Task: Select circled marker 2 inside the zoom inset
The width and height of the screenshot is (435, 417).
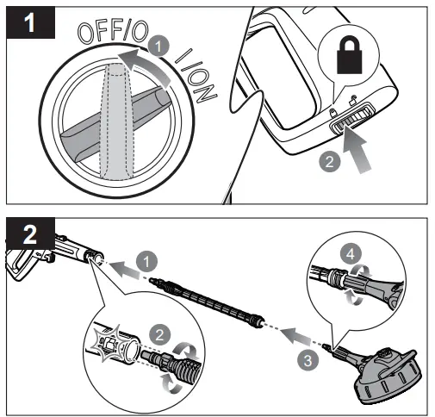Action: point(158,332)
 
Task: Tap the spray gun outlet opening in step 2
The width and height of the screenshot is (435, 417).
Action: point(95,257)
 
